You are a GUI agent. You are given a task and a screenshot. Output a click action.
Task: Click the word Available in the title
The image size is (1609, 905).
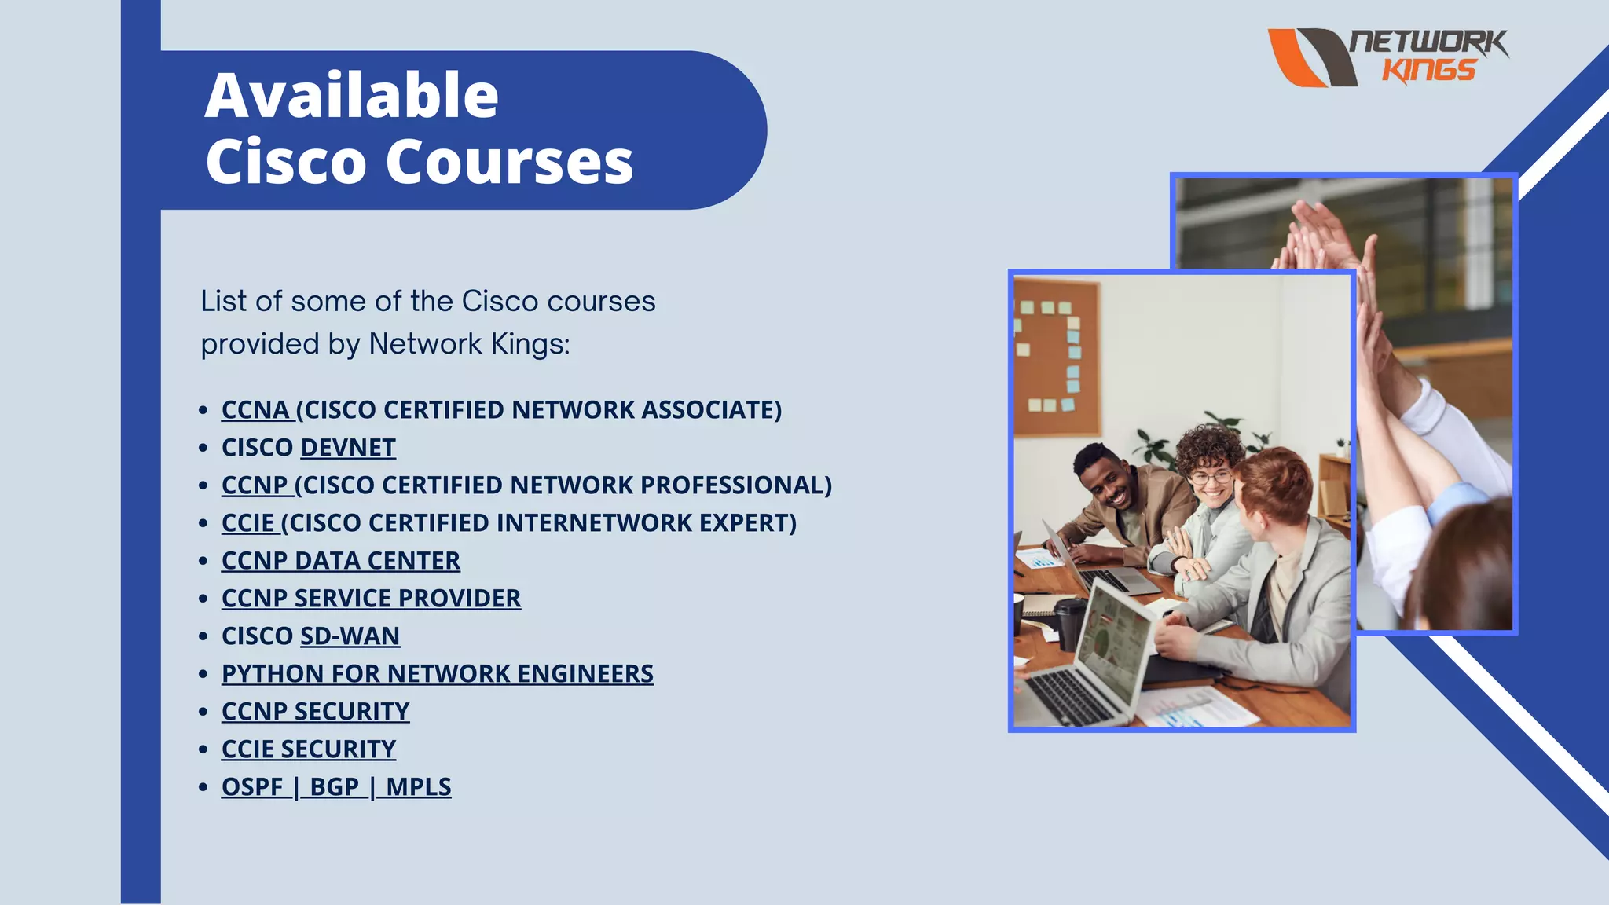tap(351, 96)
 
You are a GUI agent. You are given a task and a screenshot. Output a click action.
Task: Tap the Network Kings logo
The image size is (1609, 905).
tap(1387, 57)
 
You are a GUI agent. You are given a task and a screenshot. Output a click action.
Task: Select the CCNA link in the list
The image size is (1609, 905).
tap(256, 410)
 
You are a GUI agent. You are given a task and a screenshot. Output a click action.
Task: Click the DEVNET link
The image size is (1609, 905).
tap(348, 448)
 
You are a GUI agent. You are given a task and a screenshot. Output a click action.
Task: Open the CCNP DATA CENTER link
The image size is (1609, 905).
tap(340, 561)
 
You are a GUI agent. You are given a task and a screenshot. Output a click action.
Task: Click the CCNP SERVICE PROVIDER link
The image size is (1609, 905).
tap(371, 599)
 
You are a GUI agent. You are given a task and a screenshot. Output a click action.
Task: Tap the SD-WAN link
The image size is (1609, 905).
tap(350, 636)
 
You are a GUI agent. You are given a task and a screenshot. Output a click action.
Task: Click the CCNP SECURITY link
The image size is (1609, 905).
tap(315, 712)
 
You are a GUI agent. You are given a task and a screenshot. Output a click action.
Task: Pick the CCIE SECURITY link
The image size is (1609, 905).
tap(308, 749)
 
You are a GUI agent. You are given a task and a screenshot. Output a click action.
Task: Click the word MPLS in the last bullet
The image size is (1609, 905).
tap(418, 787)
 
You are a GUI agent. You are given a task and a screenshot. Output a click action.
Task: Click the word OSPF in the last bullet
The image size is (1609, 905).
tap(251, 787)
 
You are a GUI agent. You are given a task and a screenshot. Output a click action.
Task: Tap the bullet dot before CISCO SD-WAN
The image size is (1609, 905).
tap(203, 636)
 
